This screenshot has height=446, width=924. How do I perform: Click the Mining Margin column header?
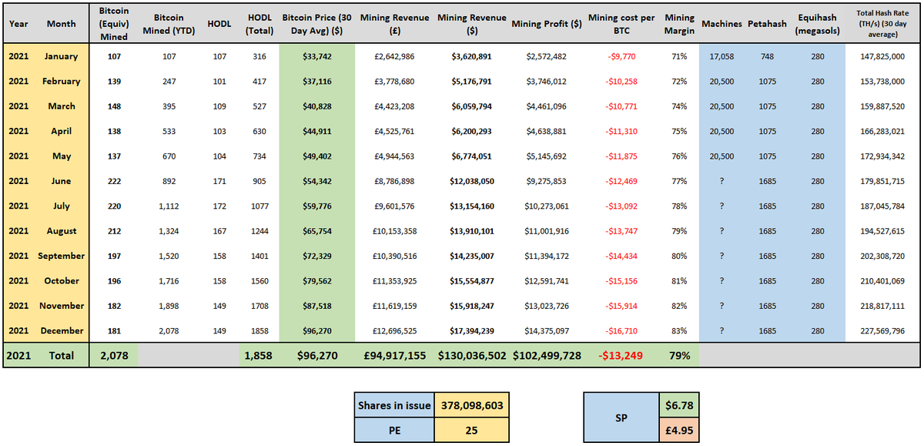coord(679,23)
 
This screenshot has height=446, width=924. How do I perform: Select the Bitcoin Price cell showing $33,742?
coord(317,56)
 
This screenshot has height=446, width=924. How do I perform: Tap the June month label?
coord(62,181)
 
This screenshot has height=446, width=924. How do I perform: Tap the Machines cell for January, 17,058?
coord(721,56)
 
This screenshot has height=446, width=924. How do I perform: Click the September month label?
coord(62,256)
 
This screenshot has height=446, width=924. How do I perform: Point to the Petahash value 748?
coord(766,56)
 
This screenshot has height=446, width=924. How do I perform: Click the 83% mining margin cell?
coord(679,330)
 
